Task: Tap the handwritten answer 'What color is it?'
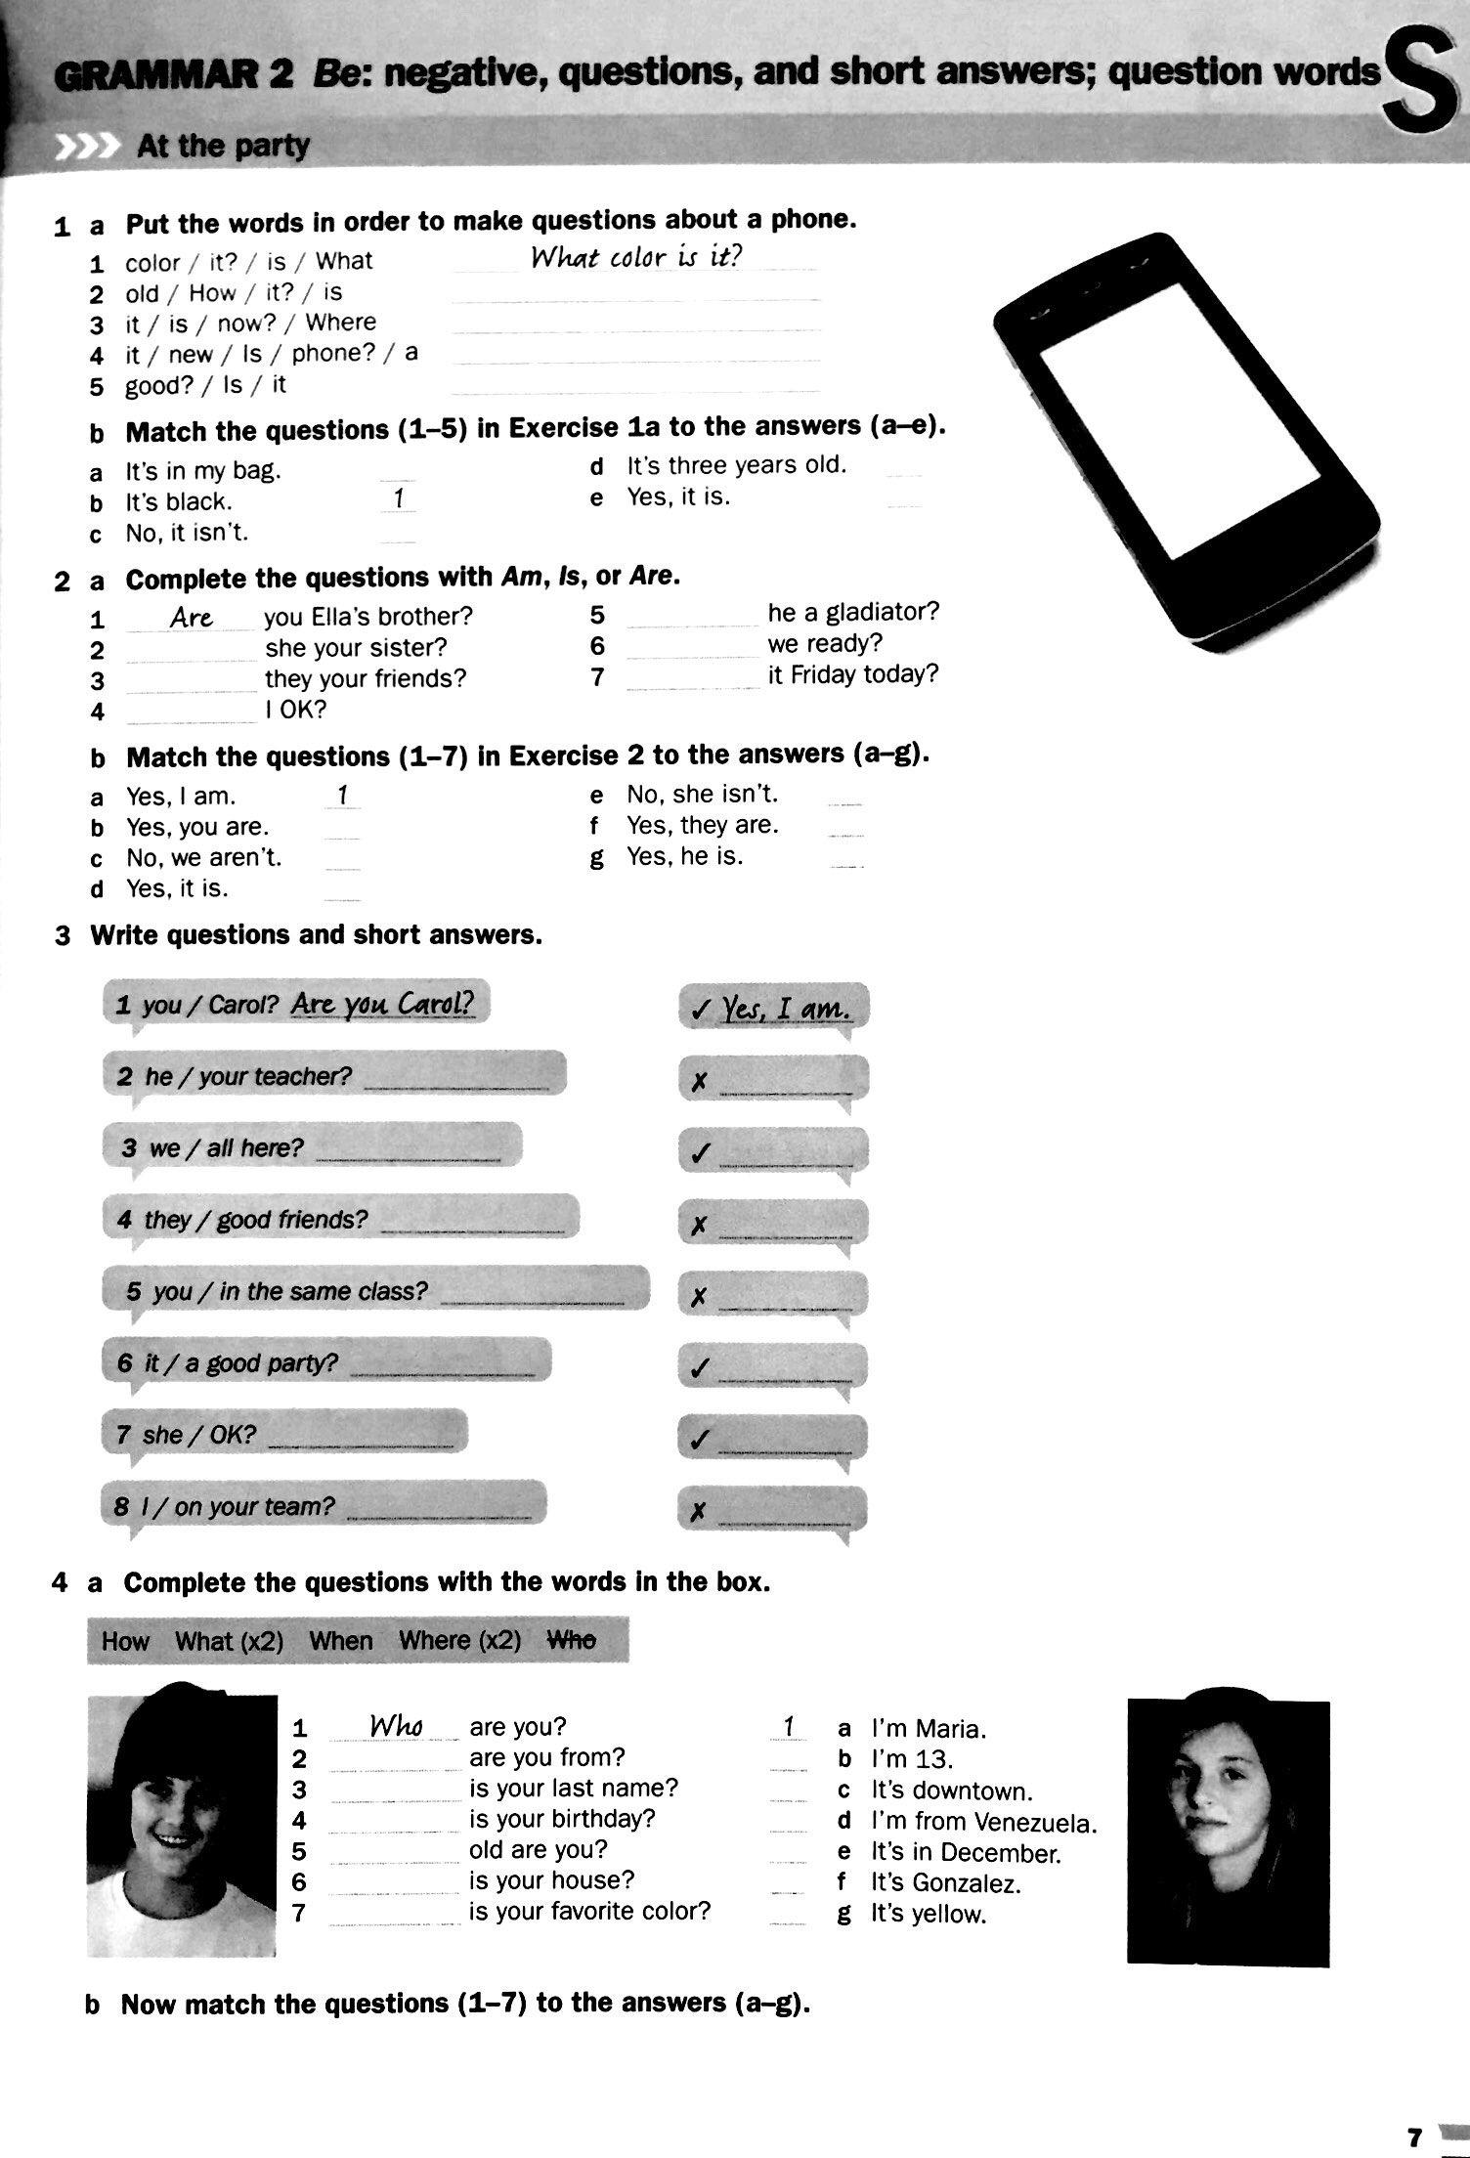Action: point(636,258)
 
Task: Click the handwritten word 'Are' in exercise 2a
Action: point(192,618)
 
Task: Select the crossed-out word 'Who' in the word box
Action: point(571,1641)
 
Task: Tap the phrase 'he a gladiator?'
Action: point(852,612)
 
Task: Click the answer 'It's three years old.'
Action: point(736,465)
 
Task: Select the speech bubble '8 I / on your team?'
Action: point(323,1507)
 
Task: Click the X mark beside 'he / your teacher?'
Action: point(698,1082)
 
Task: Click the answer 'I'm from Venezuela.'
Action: point(983,1823)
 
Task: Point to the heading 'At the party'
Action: point(223,147)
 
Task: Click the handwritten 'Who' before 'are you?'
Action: point(396,1727)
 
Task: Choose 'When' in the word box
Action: point(340,1641)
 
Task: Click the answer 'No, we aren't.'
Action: point(203,858)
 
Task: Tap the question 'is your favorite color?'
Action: point(589,1911)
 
